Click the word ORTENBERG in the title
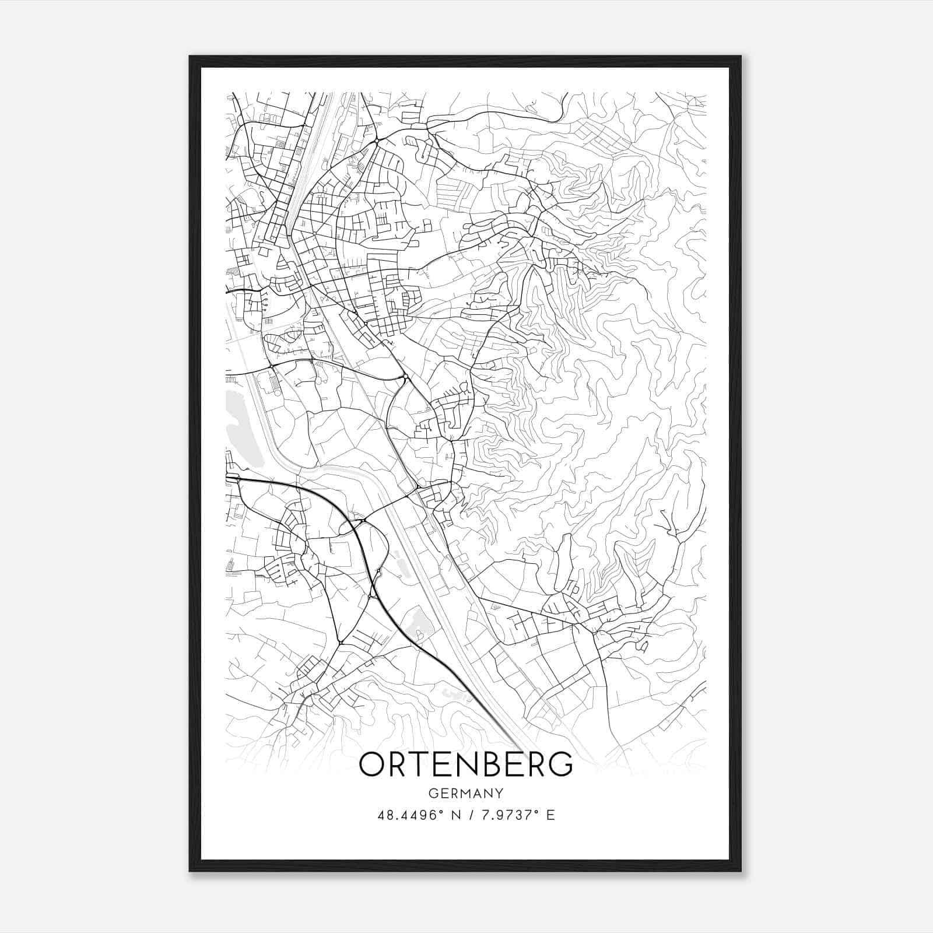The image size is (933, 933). [465, 764]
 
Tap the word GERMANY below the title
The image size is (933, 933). [465, 793]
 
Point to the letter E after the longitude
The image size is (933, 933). [550, 815]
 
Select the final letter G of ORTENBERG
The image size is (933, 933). [560, 764]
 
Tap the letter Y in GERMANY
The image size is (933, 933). [499, 793]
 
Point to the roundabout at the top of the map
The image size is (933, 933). [377, 141]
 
